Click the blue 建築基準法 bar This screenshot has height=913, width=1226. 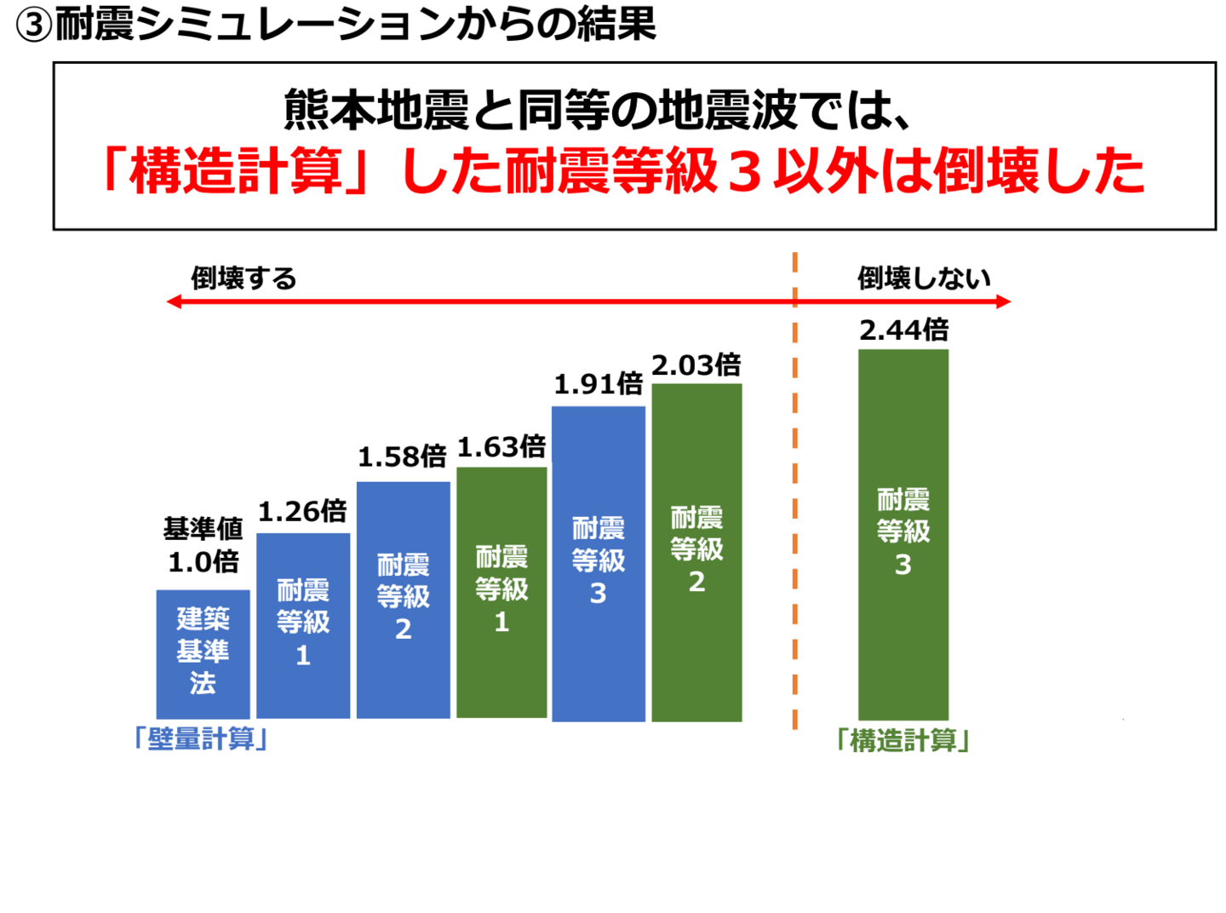click(x=203, y=653)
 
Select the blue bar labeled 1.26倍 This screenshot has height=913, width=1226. click(x=303, y=625)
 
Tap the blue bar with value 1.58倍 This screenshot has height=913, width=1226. click(x=403, y=600)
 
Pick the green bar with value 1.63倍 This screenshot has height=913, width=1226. click(x=501, y=592)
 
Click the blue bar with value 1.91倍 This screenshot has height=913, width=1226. click(x=599, y=563)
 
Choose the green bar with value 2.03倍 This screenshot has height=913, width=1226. click(x=696, y=552)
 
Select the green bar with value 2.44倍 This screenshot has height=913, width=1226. click(x=903, y=534)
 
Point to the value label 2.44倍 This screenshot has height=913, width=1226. click(x=903, y=330)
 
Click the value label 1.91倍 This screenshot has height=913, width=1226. click(x=599, y=384)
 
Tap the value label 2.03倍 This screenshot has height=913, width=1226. click(x=696, y=365)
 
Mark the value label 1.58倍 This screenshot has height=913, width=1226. click(x=402, y=457)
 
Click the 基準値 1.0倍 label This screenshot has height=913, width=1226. click(x=203, y=545)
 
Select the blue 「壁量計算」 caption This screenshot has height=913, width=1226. click(x=202, y=738)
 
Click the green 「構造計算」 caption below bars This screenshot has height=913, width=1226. click(x=903, y=740)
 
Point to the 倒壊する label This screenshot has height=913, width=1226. click(x=243, y=278)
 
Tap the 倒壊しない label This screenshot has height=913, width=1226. click(x=924, y=278)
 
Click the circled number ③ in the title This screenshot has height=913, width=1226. click(x=34, y=26)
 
